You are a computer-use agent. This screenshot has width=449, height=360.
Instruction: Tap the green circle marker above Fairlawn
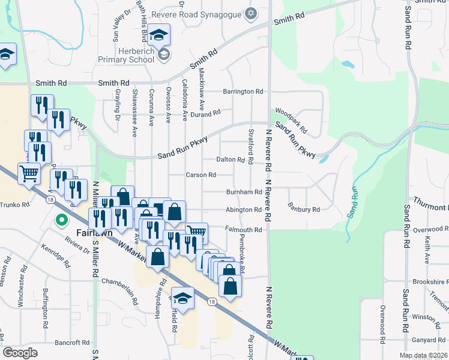coord(61,220)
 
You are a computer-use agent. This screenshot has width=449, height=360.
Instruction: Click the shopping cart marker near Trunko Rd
coord(29,174)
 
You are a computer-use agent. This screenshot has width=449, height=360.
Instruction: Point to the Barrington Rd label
coord(243,92)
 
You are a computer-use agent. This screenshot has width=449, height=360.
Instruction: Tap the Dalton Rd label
coord(231,160)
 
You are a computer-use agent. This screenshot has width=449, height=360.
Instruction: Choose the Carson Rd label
coord(200,175)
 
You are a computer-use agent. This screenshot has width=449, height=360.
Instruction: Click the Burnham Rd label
coord(244,193)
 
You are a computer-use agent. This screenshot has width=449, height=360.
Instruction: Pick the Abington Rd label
coord(243,210)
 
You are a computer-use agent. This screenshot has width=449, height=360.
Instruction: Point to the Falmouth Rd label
coord(244,230)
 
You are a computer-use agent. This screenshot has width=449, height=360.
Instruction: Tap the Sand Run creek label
coord(352,202)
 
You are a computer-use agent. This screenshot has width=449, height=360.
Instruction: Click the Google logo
coord(20,352)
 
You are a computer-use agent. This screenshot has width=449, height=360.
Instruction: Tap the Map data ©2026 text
coord(423,355)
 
